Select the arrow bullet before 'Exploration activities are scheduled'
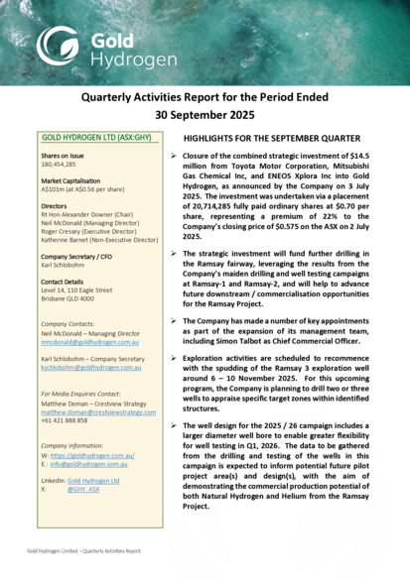[x=175, y=352]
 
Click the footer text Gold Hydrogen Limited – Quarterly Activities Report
[x=83, y=549]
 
